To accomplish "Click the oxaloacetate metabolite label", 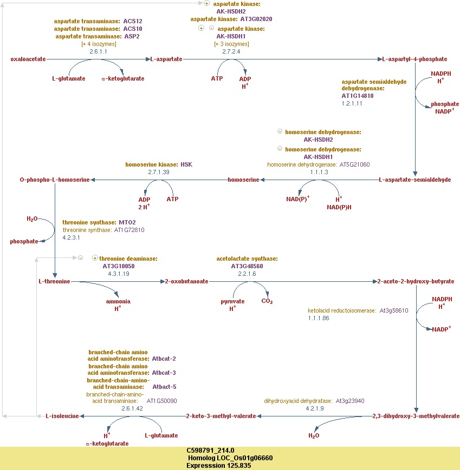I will [x=28, y=59].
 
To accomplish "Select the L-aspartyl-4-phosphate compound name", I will [x=414, y=59].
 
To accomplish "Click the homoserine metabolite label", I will [x=243, y=180].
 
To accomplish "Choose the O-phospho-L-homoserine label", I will [x=54, y=180].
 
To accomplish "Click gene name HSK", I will [x=186, y=164].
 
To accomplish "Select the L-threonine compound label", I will [x=54, y=281].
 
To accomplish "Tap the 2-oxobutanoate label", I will [x=187, y=281].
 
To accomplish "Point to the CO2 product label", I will [x=267, y=301].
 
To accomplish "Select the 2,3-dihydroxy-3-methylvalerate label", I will [x=416, y=416].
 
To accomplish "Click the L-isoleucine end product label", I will [x=62, y=416].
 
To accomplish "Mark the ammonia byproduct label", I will [x=118, y=301].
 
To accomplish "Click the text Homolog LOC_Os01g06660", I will [x=229, y=458].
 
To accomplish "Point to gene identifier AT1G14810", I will [x=357, y=96].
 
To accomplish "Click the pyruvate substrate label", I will [x=232, y=301].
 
